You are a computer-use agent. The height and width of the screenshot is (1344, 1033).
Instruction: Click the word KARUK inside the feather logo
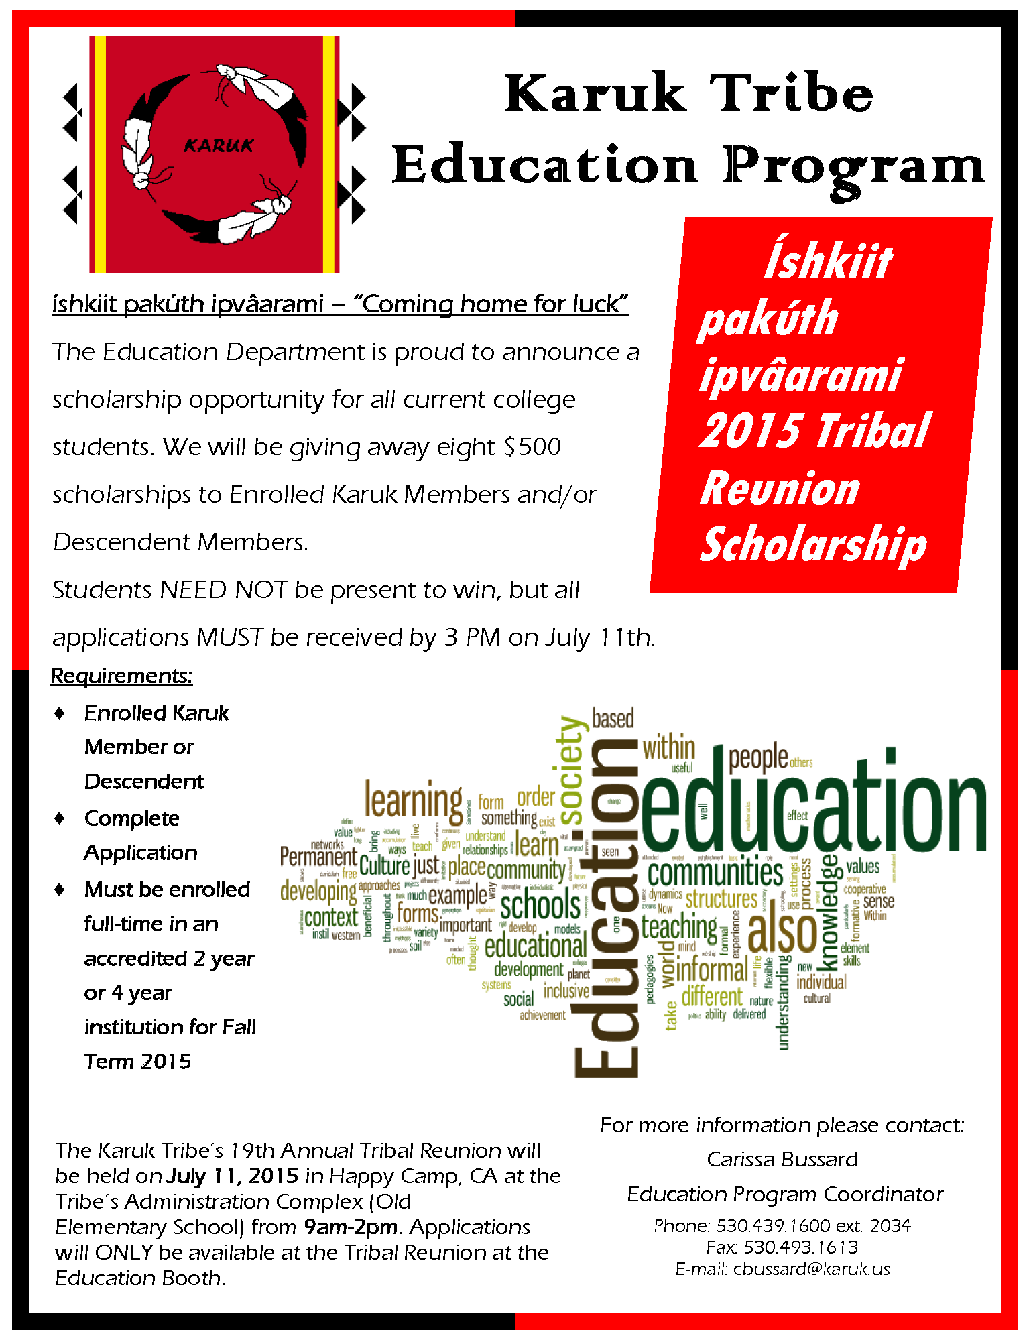219,145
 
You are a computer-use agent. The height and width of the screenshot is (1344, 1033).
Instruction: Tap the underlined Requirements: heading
121,675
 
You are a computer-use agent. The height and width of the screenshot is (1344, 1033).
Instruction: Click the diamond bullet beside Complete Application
60,818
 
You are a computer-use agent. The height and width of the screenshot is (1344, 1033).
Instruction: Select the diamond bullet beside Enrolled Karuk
60,713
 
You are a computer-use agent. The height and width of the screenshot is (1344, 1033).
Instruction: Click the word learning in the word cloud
413,801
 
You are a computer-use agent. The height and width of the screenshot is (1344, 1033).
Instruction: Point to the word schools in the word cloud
540,906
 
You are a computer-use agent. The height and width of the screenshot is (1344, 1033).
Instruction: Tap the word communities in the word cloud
715,873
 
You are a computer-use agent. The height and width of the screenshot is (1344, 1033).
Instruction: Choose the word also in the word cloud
782,932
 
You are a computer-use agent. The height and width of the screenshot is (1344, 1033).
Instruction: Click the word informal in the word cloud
711,969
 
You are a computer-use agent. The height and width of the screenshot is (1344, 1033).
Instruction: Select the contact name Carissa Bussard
782,1159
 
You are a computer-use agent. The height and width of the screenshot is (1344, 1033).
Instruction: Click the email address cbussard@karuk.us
811,1269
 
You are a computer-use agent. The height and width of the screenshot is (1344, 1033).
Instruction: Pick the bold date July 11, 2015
232,1176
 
